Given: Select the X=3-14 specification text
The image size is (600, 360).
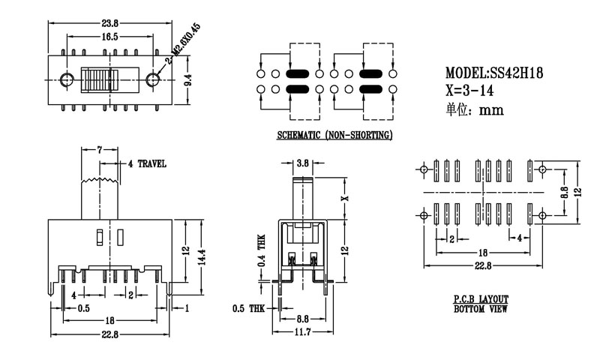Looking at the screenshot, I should [471, 91].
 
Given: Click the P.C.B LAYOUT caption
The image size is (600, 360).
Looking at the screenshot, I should [480, 298].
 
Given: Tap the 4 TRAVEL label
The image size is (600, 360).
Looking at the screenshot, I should [147, 163].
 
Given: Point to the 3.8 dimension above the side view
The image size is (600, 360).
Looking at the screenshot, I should [302, 163].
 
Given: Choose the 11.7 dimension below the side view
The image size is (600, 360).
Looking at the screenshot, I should [302, 331].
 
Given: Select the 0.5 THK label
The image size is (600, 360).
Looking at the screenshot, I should [247, 308].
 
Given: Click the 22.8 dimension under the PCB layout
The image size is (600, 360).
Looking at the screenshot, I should [483, 265].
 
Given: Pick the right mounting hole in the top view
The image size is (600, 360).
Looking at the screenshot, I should [154, 79].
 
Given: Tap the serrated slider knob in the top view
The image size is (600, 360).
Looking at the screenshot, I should [97, 79].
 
